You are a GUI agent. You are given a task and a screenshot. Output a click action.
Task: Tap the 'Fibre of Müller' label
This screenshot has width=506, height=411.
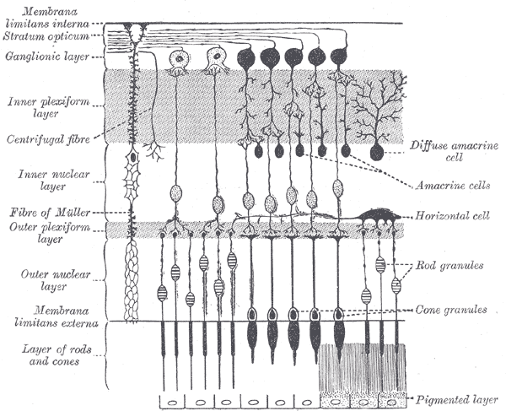pyautogui.click(x=38, y=211)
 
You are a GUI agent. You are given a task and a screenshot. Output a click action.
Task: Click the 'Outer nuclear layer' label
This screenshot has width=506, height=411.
pyautogui.click(x=35, y=280)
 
